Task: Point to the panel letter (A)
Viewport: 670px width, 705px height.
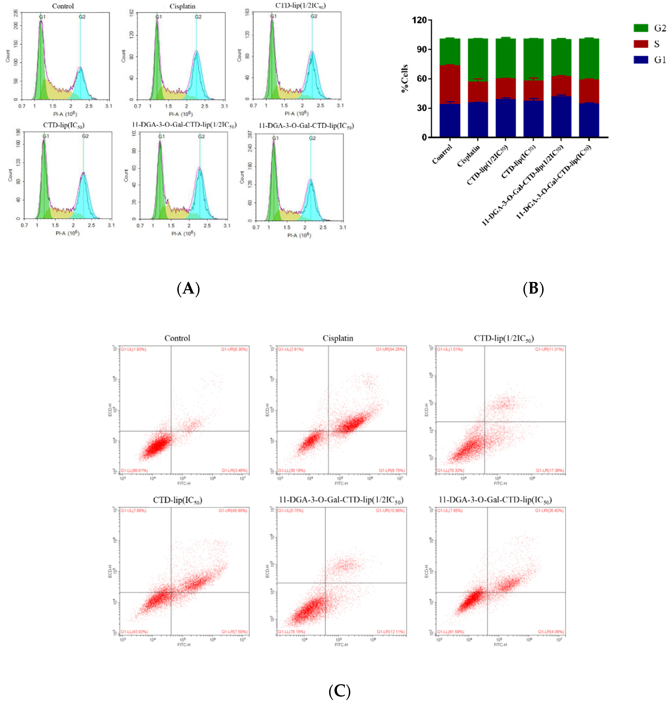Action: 188,289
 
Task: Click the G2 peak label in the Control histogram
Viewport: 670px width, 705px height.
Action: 82,17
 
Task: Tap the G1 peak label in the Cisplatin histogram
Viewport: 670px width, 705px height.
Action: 159,17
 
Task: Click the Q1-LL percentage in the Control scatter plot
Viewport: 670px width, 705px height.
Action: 134,470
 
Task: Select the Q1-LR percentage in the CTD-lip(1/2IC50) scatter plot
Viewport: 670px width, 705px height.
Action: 549,470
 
